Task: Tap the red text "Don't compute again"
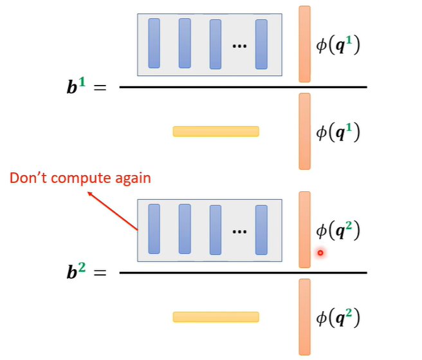80,177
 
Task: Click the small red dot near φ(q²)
320,253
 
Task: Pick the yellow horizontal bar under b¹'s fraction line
216,131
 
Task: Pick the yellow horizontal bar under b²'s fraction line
216,317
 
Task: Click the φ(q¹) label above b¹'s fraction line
338,46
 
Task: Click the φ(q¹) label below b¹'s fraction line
338,132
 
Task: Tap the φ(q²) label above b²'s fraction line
338,231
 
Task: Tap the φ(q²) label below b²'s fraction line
338,317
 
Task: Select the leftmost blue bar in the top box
154,43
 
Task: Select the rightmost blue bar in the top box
261,44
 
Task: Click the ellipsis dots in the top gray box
239,46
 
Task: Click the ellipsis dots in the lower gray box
239,232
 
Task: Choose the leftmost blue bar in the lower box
154,229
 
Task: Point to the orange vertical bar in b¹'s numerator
304,44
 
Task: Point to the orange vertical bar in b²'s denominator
304,316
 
